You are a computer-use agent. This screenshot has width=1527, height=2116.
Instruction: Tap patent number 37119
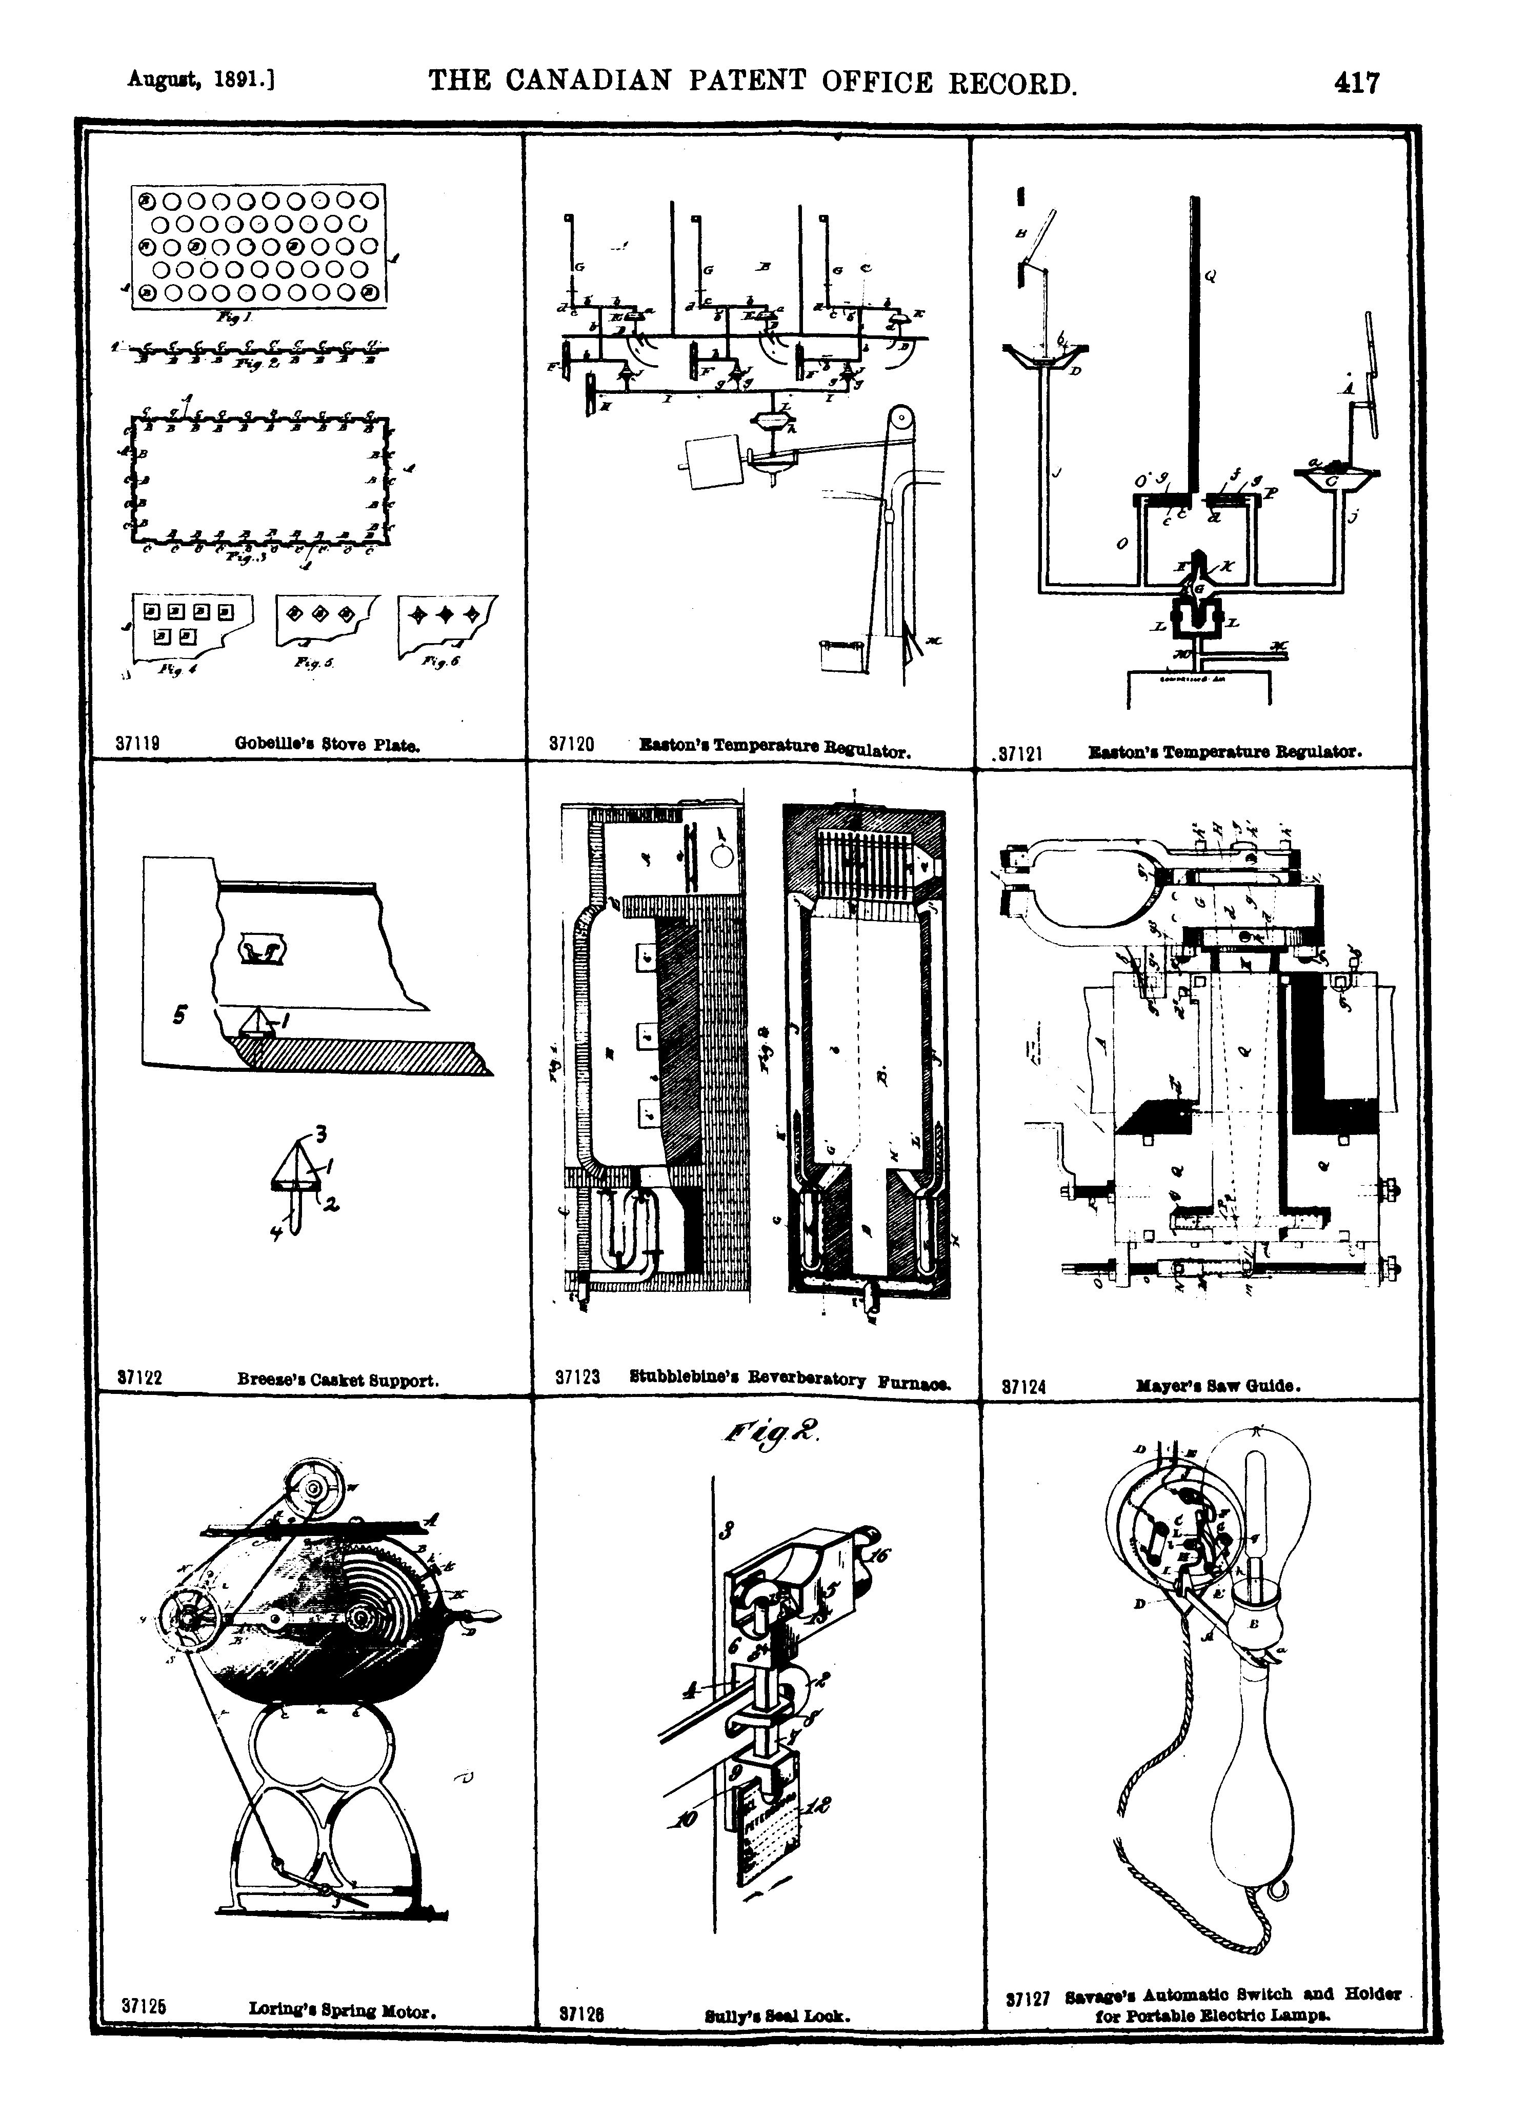[x=136, y=745]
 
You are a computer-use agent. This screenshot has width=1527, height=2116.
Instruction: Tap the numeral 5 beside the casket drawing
[x=178, y=1014]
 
